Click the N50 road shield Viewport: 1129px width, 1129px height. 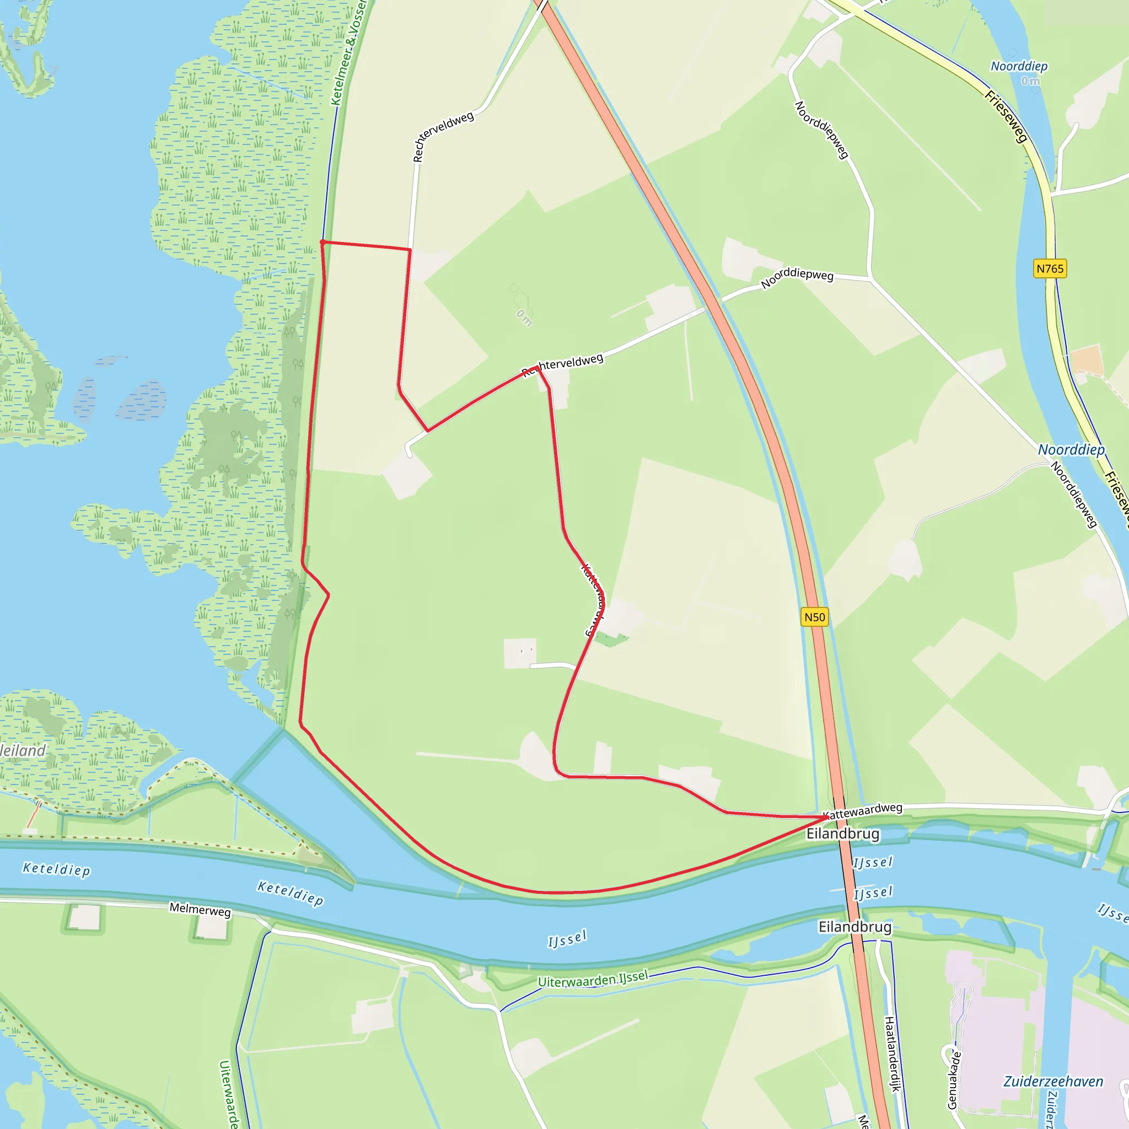(x=815, y=617)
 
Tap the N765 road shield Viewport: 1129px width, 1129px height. (x=1050, y=269)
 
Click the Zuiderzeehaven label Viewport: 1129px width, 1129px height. (x=1053, y=1081)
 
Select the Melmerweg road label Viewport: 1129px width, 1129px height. (x=200, y=909)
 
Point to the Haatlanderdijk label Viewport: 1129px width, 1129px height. (x=892, y=1053)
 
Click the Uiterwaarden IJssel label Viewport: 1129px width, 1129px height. (x=593, y=979)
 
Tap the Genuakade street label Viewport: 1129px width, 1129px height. (x=953, y=1080)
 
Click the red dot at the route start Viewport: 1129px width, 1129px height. (x=322, y=242)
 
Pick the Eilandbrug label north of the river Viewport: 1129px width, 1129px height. (x=843, y=834)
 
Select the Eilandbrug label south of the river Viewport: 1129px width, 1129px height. (x=854, y=927)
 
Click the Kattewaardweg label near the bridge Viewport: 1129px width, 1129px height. (x=863, y=811)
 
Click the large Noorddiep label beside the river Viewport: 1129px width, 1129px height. (x=1071, y=450)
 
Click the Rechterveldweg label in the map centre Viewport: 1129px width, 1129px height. (x=562, y=364)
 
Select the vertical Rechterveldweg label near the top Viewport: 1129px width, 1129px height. (x=442, y=136)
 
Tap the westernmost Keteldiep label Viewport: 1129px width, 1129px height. (x=57, y=869)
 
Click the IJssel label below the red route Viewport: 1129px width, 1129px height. (x=567, y=939)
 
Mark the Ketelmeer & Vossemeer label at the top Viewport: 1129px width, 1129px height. (x=348, y=52)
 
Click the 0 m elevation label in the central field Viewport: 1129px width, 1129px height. (x=524, y=318)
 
